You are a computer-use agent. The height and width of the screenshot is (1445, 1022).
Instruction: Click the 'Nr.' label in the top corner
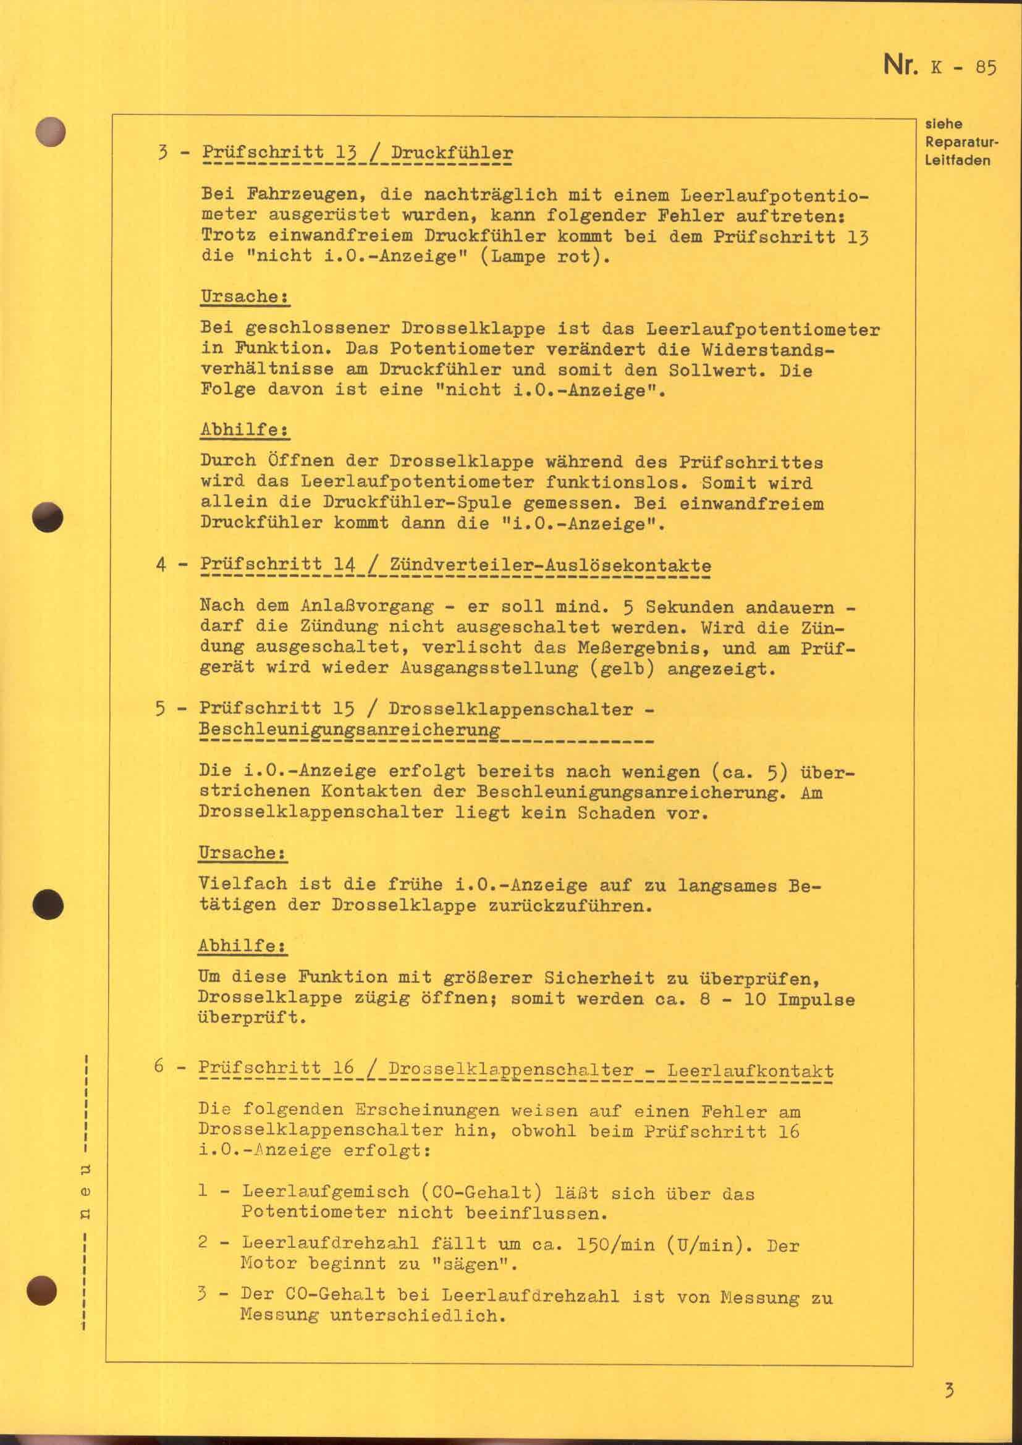point(900,65)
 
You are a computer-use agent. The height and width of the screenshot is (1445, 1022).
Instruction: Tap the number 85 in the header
point(986,67)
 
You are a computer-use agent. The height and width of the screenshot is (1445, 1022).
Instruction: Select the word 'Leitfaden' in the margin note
point(957,161)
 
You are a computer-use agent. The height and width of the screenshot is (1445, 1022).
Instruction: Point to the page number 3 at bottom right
point(949,1373)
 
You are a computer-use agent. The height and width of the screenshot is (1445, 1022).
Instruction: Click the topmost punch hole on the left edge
point(51,132)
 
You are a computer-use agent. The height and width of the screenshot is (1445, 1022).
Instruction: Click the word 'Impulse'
point(816,1000)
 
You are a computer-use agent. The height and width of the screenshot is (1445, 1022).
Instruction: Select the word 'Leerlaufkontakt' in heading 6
point(750,1071)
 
